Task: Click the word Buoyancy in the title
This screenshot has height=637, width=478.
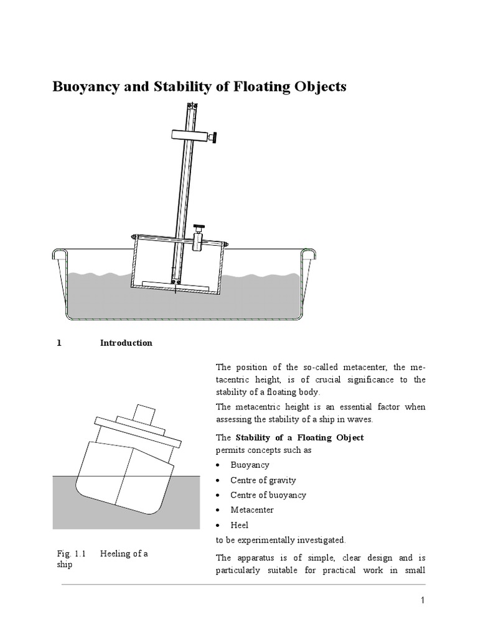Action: [85, 87]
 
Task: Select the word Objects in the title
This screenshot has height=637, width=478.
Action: [317, 87]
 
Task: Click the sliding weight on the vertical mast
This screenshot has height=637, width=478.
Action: [189, 136]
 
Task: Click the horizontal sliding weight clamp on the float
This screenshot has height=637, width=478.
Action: [199, 239]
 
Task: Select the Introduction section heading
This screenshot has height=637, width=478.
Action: [126, 343]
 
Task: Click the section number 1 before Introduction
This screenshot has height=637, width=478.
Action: [59, 343]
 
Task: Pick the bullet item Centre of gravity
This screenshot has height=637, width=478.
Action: [263, 480]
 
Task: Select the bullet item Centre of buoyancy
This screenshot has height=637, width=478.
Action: [268, 495]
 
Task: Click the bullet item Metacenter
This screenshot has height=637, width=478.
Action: [251, 510]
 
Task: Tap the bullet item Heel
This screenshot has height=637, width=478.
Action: [239, 525]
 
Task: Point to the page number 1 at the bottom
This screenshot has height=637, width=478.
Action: [422, 600]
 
